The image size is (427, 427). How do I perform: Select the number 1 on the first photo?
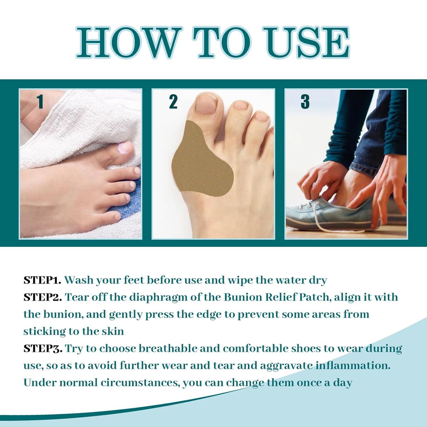(x=40, y=102)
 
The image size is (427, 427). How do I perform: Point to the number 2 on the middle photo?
(x=173, y=102)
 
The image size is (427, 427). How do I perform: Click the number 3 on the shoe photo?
(x=305, y=102)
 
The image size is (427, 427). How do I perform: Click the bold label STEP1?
(x=42, y=280)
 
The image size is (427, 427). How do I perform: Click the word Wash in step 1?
(x=79, y=280)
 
